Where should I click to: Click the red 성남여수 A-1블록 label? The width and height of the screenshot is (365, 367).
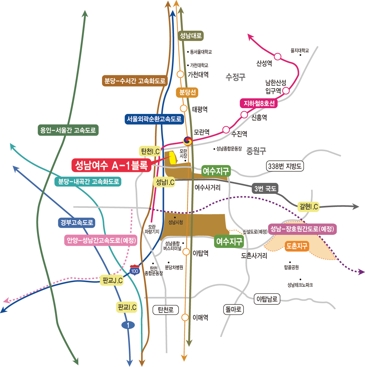pyautogui.click(x=111, y=165)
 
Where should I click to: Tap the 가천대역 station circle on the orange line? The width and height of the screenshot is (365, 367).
pyautogui.click(x=180, y=74)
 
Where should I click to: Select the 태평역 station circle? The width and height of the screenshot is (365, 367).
pyautogui.click(x=183, y=108)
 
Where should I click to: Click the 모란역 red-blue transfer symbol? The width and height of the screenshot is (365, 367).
pyautogui.click(x=188, y=141)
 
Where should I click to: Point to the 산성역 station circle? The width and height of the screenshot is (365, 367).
pyautogui.click(x=278, y=57)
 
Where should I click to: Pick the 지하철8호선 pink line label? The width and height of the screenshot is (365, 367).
pyautogui.click(x=259, y=104)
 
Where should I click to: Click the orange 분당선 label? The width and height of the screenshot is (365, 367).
pyautogui.click(x=187, y=92)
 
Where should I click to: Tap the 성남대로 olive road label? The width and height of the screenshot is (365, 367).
pyautogui.click(x=190, y=36)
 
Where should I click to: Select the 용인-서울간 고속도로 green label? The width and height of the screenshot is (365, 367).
pyautogui.click(x=68, y=130)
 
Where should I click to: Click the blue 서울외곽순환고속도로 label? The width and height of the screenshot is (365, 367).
pyautogui.click(x=154, y=119)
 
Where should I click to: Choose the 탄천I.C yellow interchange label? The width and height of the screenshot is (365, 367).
pyautogui.click(x=150, y=151)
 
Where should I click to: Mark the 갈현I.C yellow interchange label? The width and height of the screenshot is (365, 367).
pyautogui.click(x=309, y=207)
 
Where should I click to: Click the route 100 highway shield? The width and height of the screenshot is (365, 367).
pyautogui.click(x=134, y=270)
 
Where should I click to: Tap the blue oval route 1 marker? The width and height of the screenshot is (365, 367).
pyautogui.click(x=128, y=325)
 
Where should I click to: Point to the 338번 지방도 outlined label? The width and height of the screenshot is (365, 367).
pyautogui.click(x=285, y=166)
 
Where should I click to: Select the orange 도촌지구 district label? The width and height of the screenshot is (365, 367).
pyautogui.click(x=297, y=246)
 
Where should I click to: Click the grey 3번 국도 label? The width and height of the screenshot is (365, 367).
pyautogui.click(x=265, y=189)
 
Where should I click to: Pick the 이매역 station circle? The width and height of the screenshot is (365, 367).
pyautogui.click(x=185, y=317)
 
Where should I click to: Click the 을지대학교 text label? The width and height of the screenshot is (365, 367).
pyautogui.click(x=300, y=50)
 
